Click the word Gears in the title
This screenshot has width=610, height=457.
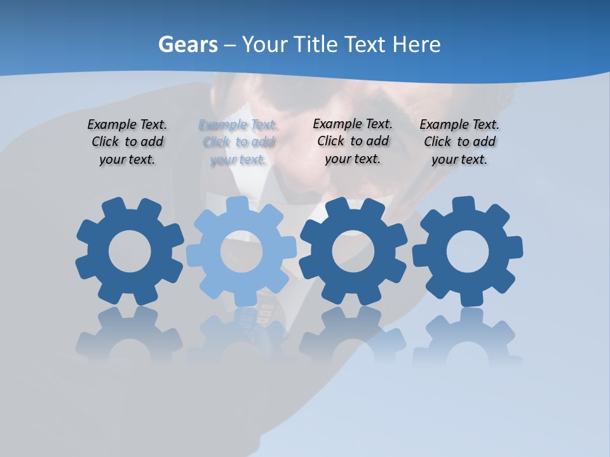[187, 45]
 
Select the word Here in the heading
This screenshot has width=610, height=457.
[417, 45]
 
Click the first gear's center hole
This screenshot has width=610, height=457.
[130, 251]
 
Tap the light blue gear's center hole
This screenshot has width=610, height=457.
[241, 251]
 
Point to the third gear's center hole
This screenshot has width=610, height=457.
[353, 251]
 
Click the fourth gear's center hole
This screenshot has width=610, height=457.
[468, 251]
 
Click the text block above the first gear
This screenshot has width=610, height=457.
[127, 142]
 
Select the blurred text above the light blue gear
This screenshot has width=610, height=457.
[238, 142]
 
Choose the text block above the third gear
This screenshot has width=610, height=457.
[353, 142]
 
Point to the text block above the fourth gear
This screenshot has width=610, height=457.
[459, 142]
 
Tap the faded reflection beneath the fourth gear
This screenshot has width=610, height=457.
[468, 336]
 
